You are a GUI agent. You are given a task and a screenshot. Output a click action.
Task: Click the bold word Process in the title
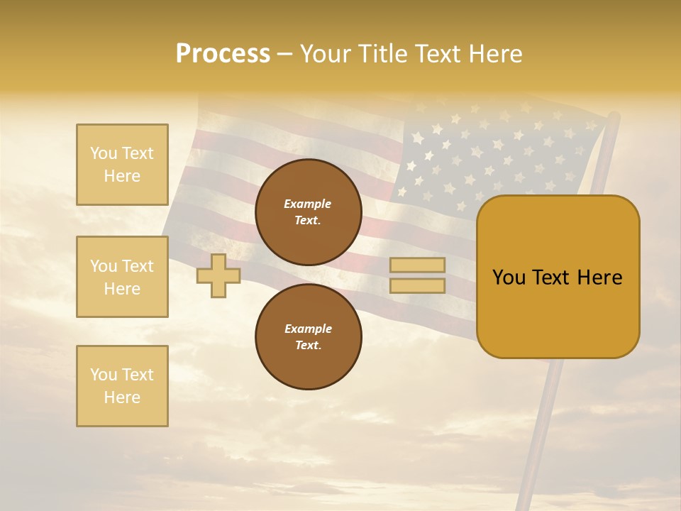tap(223, 54)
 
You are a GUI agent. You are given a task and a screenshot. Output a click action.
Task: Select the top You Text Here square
tap(122, 165)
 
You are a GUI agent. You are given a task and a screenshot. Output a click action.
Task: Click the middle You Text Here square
tap(122, 277)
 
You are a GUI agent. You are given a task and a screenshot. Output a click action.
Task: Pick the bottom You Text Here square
tap(122, 385)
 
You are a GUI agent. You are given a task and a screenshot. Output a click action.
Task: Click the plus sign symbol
tap(218, 276)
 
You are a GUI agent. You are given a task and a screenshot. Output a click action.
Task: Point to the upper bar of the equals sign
tap(417, 265)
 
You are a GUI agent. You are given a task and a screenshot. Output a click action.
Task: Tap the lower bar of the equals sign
tap(417, 286)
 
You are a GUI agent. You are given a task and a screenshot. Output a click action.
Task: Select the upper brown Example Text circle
tap(309, 212)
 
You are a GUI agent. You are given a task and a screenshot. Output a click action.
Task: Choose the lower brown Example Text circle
tap(309, 336)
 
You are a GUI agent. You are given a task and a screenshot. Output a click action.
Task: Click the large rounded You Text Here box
tap(558, 277)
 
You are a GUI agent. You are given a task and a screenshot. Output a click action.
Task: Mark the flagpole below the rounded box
tap(543, 426)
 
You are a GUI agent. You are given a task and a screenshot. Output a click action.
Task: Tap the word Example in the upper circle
tap(308, 204)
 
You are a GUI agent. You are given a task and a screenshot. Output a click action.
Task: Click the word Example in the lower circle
tap(308, 329)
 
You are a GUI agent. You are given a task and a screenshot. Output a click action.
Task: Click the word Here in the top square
tap(122, 176)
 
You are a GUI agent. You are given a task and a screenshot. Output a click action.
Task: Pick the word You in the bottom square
tap(104, 374)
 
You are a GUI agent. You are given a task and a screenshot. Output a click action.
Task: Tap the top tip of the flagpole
tap(614, 116)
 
